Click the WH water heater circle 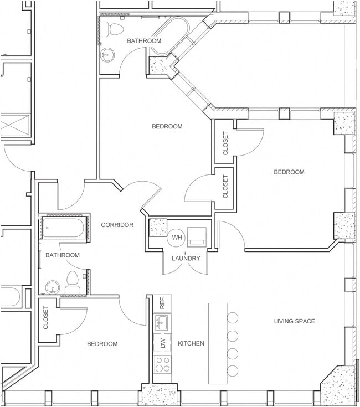click(177, 237)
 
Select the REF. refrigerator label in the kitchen click(163, 303)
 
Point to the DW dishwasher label click(163, 343)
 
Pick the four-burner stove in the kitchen click(162, 364)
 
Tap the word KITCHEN click(191, 344)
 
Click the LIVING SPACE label click(295, 321)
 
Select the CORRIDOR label click(117, 225)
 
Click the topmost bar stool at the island click(233, 317)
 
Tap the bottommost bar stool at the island click(233, 370)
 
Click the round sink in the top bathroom click(108, 54)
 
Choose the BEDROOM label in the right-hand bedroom click(289, 172)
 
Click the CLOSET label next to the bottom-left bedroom click(45, 318)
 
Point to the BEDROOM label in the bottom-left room click(102, 344)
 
